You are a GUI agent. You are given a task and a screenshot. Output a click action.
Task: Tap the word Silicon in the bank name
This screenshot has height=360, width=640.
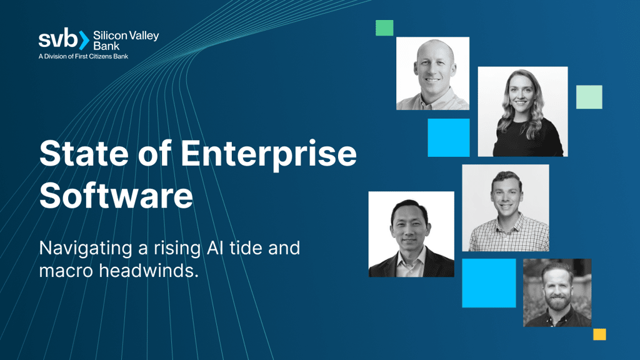pyautogui.click(x=108, y=35)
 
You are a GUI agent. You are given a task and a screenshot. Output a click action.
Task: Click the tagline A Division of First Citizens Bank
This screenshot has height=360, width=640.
pyautogui.click(x=84, y=56)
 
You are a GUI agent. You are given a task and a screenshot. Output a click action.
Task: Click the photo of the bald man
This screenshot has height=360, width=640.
pyautogui.click(x=432, y=73)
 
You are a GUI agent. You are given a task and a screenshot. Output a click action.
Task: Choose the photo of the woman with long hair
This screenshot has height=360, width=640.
pyautogui.click(x=522, y=111)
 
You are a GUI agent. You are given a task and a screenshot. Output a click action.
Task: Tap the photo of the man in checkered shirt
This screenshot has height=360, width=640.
pyautogui.click(x=505, y=207)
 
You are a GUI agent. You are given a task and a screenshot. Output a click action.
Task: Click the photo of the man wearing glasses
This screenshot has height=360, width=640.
pyautogui.click(x=411, y=234)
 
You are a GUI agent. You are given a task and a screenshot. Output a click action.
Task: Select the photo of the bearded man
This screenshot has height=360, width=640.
pyautogui.click(x=557, y=292)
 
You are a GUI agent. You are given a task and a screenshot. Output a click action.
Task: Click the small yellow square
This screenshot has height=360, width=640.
pyautogui.click(x=599, y=334)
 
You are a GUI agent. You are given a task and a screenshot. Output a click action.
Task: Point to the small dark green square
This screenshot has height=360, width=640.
pyautogui.click(x=384, y=27)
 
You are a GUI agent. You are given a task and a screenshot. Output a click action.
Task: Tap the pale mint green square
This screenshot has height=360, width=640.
pyautogui.click(x=589, y=97)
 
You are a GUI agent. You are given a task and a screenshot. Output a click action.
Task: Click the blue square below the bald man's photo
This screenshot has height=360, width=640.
pyautogui.click(x=448, y=137)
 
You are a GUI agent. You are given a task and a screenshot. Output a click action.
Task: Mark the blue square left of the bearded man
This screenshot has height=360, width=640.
pyautogui.click(x=489, y=282)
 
